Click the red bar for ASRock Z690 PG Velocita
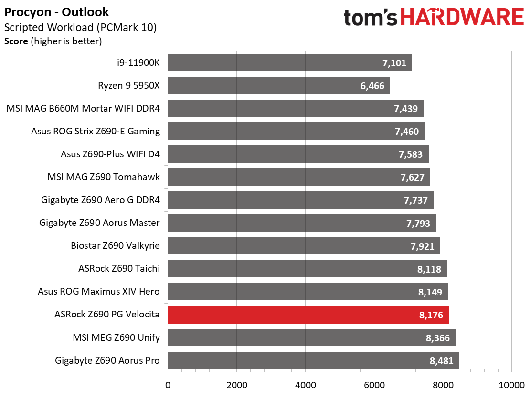tap(308, 315)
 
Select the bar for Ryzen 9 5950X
tap(279, 86)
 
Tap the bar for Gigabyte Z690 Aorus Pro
tap(314, 360)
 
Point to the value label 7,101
tap(394, 63)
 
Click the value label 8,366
tap(437, 338)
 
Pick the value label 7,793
tap(418, 224)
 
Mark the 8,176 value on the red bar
tap(431, 315)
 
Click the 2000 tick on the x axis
tap(237, 385)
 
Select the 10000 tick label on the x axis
tap(511, 385)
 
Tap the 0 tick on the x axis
tap(168, 385)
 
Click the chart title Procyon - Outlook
tap(56, 12)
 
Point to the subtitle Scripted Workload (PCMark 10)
tap(81, 27)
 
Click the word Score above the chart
tap(16, 41)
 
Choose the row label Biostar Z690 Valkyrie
tap(115, 245)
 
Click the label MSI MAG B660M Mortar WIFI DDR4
tap(83, 109)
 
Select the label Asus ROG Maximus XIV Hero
tap(98, 291)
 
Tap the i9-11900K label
tap(138, 63)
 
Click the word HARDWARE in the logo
tap(463, 17)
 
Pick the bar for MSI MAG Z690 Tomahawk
tap(299, 177)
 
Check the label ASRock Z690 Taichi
tap(119, 269)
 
